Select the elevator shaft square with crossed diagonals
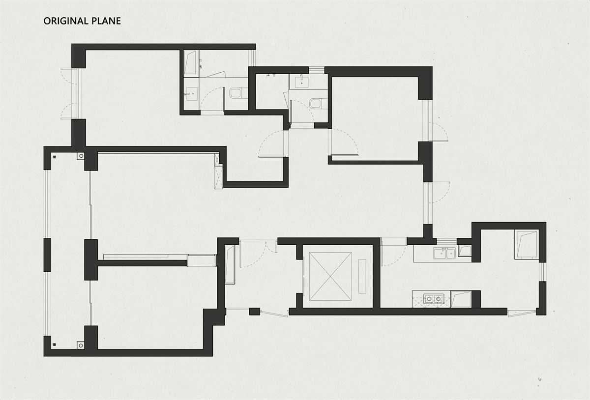point(330,276)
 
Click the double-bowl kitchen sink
point(444,253)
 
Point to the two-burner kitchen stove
point(434,299)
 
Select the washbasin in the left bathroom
point(191,93)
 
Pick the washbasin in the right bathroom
point(301,81)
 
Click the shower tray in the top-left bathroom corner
point(190,62)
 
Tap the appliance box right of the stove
point(461,299)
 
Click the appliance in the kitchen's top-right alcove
point(527,245)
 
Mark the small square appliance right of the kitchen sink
point(465,251)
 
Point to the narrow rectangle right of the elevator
point(362,276)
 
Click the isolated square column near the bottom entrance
point(255,312)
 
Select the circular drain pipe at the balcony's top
point(81,156)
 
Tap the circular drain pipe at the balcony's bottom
point(81,345)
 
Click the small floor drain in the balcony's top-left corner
point(55,157)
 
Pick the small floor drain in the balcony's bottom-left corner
point(55,344)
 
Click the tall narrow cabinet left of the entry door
point(230,265)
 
